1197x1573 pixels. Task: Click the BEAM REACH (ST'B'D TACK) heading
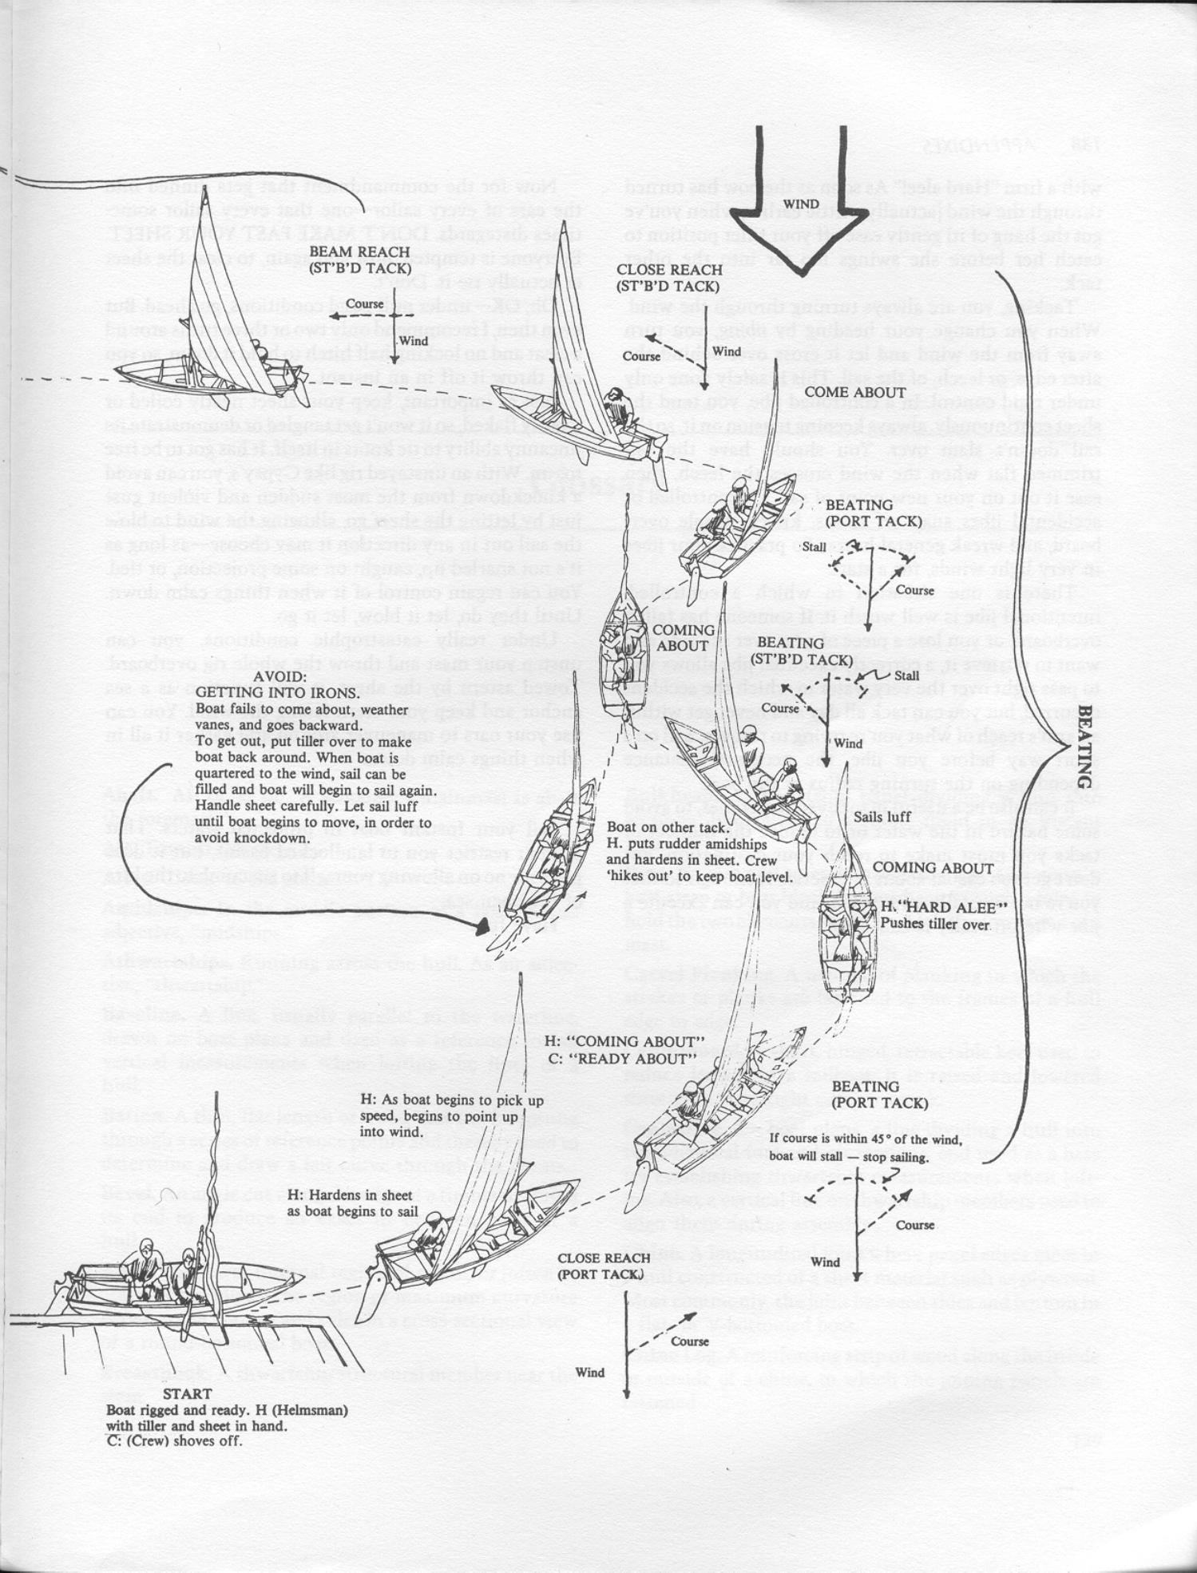[359, 260]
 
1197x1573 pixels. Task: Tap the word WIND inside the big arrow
[800, 204]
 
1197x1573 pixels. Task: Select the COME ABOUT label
[854, 392]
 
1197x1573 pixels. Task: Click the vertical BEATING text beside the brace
[1085, 747]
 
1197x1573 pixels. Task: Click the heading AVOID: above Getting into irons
[279, 676]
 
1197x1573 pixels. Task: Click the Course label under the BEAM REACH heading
[363, 304]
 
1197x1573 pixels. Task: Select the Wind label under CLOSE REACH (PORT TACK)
[590, 1373]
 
